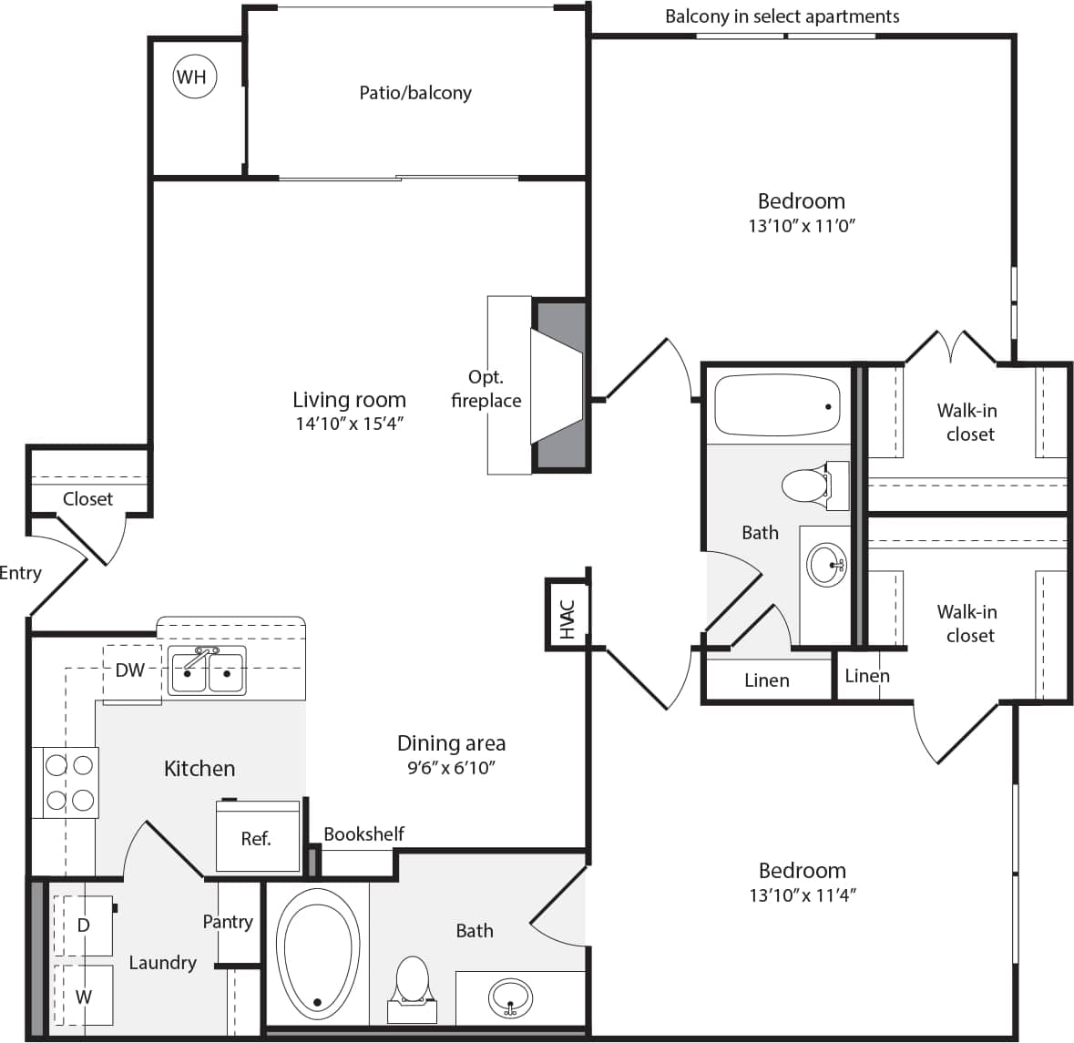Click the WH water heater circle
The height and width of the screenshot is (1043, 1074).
pyautogui.click(x=192, y=77)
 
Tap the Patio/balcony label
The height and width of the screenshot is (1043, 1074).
pyautogui.click(x=415, y=93)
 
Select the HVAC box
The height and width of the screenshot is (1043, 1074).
pyautogui.click(x=567, y=617)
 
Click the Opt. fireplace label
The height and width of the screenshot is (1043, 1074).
pyautogui.click(x=486, y=389)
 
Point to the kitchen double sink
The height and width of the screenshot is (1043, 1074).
pyautogui.click(x=206, y=672)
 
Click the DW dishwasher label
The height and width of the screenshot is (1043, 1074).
pyautogui.click(x=130, y=670)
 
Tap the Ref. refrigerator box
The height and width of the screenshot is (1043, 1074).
pyautogui.click(x=257, y=838)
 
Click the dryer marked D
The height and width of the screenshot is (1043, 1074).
pyautogui.click(x=83, y=925)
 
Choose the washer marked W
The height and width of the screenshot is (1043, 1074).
pyautogui.click(x=83, y=997)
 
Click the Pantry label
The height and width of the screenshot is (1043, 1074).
pyautogui.click(x=228, y=922)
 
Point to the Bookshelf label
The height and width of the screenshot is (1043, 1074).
pyautogui.click(x=363, y=833)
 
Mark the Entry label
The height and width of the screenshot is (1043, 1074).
pyautogui.click(x=20, y=573)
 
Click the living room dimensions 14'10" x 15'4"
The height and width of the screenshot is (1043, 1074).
pyautogui.click(x=349, y=423)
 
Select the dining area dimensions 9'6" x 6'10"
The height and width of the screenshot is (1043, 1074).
pyautogui.click(x=451, y=768)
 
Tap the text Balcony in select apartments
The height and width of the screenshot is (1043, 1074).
pyautogui.click(x=782, y=16)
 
